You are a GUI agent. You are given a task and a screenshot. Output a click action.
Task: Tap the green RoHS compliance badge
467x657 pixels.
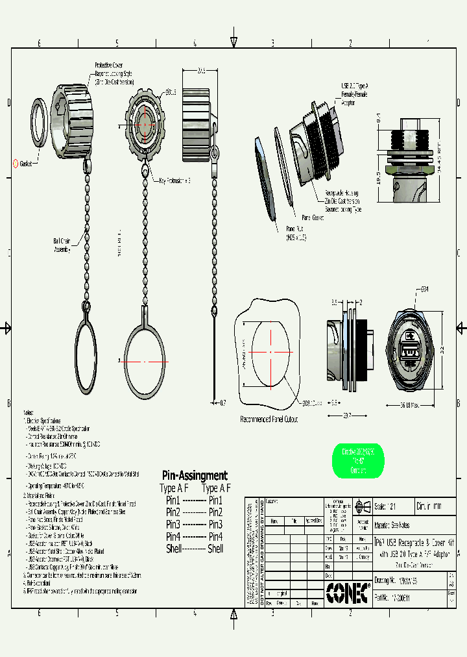(358, 462)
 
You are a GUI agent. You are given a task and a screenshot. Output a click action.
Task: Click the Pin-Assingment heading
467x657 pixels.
(195, 476)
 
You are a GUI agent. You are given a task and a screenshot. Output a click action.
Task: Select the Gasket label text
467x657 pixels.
(27, 164)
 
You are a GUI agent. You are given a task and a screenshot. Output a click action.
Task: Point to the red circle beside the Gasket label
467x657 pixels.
(16, 164)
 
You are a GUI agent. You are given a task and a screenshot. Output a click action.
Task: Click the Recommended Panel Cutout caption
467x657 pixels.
(269, 419)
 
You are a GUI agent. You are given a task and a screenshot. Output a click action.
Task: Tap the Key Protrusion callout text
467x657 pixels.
(170, 180)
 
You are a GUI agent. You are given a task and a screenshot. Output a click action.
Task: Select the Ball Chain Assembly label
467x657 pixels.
(62, 245)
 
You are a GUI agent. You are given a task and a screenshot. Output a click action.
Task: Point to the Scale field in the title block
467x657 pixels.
(389, 506)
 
